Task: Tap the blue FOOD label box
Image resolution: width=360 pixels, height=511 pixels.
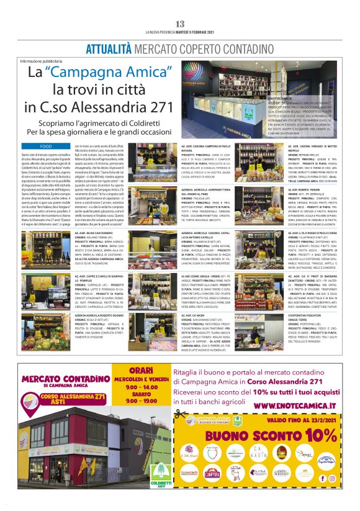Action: click(45, 147)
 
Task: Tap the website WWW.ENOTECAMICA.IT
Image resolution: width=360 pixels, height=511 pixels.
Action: click(295, 405)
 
